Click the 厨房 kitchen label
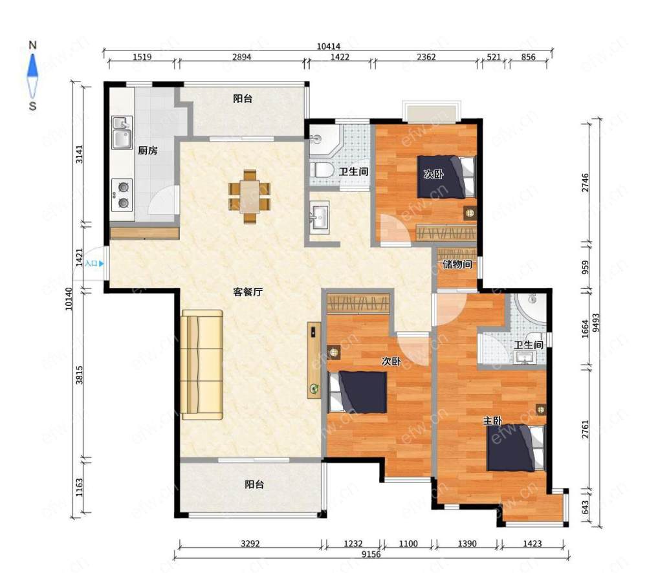pos(148,151)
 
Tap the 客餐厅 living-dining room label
pos(248,292)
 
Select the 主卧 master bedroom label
pos(492,421)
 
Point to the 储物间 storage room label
pos(457,264)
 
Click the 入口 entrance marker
pos(94,263)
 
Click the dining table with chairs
pos(250,197)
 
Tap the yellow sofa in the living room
pos(202,365)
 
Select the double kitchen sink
pos(122,133)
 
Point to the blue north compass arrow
pos(32,66)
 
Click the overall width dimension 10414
pos(329,47)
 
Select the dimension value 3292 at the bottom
pos(250,543)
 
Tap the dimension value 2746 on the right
pos(585,183)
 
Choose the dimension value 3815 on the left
pos(79,375)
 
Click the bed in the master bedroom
pos(516,448)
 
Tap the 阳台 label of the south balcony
pos(254,484)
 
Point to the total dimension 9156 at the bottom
pos(371,554)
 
